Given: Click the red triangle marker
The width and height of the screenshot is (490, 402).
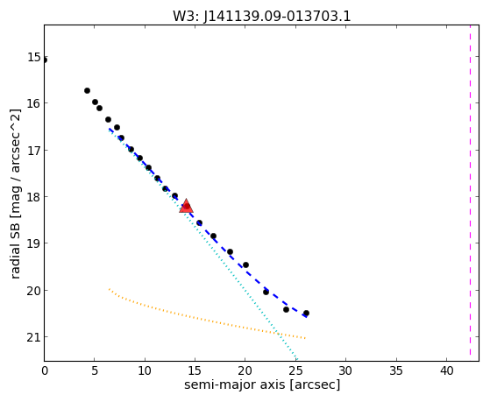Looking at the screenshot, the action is click(x=186, y=206).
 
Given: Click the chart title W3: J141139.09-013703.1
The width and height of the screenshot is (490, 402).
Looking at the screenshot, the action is click(x=262, y=17).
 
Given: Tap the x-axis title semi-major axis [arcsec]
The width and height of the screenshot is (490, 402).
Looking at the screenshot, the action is click(x=262, y=384).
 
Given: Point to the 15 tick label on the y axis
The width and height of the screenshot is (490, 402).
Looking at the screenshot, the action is click(x=34, y=57).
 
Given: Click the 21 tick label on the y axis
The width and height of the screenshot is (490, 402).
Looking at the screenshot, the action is click(x=34, y=337).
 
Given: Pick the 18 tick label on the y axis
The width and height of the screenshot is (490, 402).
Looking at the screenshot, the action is click(x=34, y=197).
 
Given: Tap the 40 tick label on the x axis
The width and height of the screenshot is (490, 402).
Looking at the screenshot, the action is click(x=446, y=370).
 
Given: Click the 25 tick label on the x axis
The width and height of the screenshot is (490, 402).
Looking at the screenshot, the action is click(x=295, y=370).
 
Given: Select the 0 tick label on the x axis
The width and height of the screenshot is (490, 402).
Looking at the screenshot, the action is click(x=45, y=370).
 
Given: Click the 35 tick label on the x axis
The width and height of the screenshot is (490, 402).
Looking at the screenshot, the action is click(x=396, y=370).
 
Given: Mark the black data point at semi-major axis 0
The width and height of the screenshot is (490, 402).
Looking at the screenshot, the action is click(x=45, y=60).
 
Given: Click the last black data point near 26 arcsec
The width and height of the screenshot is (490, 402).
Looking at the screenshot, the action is click(x=306, y=313).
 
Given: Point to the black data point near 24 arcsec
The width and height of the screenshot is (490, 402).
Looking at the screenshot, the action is click(x=286, y=309).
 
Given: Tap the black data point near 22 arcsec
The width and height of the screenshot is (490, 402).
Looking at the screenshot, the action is click(x=266, y=292).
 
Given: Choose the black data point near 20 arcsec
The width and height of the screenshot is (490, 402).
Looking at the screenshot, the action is click(x=245, y=264).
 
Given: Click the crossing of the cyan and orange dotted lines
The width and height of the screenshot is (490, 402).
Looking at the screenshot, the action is click(x=278, y=334).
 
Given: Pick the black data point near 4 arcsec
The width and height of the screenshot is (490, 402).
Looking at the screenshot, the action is click(x=87, y=90).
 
